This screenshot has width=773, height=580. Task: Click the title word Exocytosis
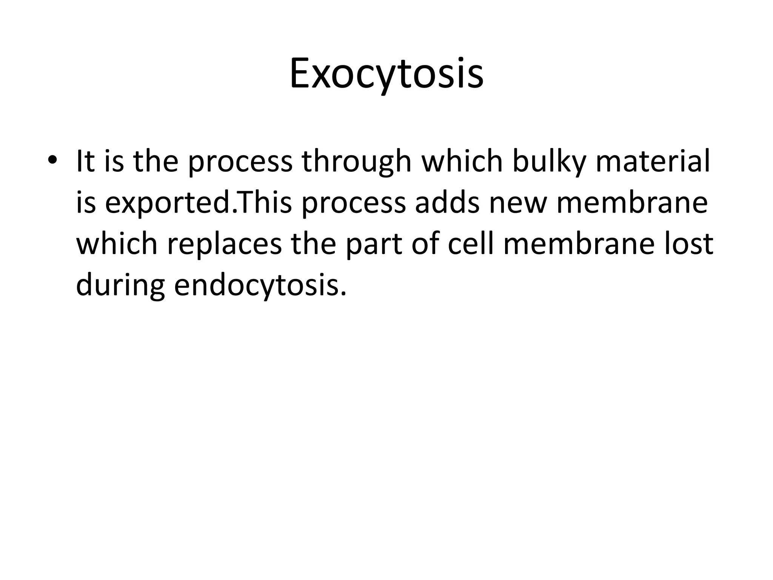tap(386, 74)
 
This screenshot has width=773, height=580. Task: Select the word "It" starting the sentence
tap(85, 161)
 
